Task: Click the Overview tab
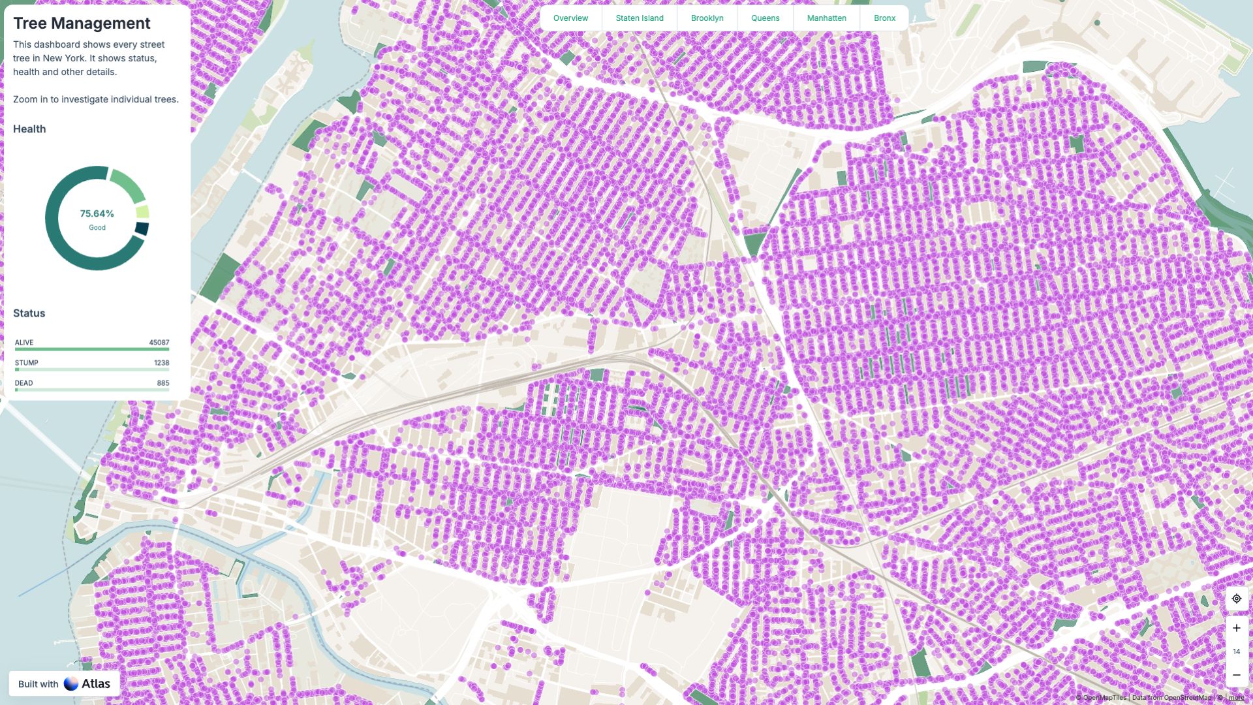(570, 18)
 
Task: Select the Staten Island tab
(639, 18)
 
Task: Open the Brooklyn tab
(707, 18)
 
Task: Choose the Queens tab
(765, 18)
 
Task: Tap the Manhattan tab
(826, 18)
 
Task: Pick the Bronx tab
(884, 18)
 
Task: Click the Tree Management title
(82, 23)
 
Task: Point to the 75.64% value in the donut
(97, 213)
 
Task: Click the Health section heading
(29, 129)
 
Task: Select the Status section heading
(29, 313)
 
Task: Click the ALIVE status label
(24, 343)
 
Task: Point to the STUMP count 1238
(161, 363)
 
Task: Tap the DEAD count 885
(162, 383)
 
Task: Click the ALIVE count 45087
(159, 343)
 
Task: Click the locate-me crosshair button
(1236, 599)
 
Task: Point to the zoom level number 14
(1236, 651)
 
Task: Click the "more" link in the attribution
(1236, 698)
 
